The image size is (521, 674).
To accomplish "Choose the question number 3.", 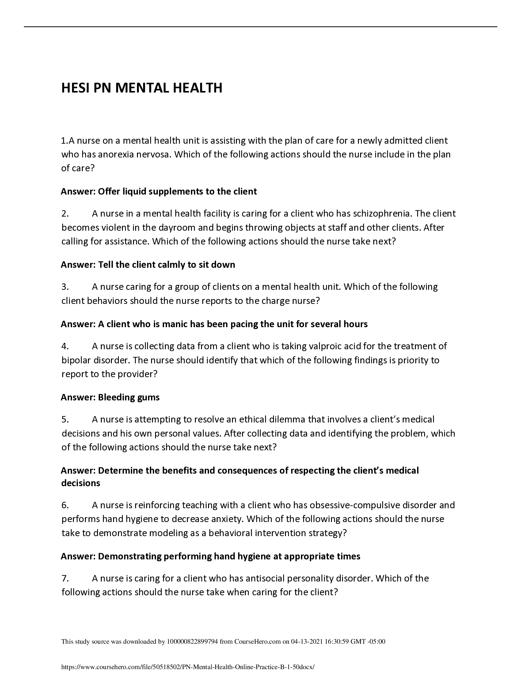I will pyautogui.click(x=65, y=287).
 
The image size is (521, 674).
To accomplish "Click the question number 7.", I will pyautogui.click(x=65, y=578).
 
